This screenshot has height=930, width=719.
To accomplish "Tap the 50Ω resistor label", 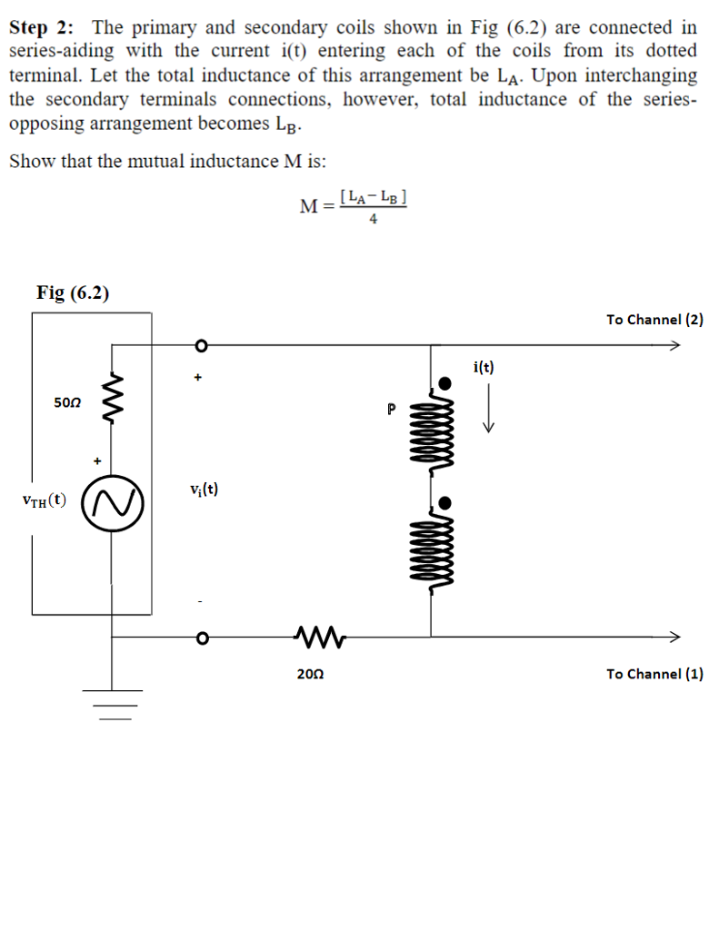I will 67,402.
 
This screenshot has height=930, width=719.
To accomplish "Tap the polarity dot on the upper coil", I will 443,382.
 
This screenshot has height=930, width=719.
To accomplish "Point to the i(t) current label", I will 484,367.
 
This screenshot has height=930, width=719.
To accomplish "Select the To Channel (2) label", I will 654,319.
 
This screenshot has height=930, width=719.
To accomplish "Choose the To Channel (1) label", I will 654,673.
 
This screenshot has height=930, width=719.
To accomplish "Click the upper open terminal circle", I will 203,345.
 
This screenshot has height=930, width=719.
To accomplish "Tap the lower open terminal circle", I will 203,636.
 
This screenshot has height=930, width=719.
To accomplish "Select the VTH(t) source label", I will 43,500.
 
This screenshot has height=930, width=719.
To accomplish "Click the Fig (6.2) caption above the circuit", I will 73,292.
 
